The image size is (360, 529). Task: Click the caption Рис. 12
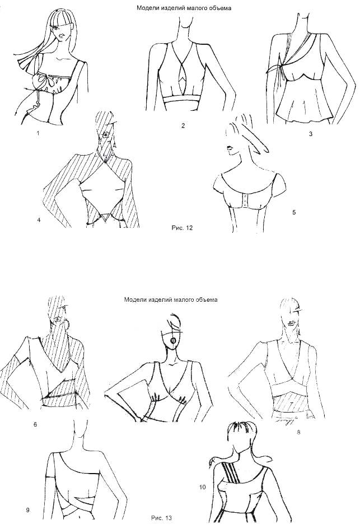pyautogui.click(x=182, y=228)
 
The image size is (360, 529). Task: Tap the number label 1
pyautogui.click(x=38, y=133)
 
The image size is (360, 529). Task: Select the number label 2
pyautogui.click(x=183, y=126)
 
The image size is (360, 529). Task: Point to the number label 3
pyautogui.click(x=311, y=134)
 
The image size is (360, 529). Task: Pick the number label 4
pyautogui.click(x=39, y=221)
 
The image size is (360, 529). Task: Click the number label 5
pyautogui.click(x=294, y=212)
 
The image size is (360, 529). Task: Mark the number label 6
pyautogui.click(x=35, y=424)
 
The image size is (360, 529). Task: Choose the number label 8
pyautogui.click(x=298, y=432)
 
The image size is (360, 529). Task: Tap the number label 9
pyautogui.click(x=27, y=510)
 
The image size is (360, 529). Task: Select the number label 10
pyautogui.click(x=202, y=487)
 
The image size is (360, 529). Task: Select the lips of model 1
pyautogui.click(x=61, y=34)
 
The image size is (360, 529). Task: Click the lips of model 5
pyautogui.click(x=230, y=149)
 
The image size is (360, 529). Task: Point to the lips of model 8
pyautogui.click(x=291, y=324)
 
